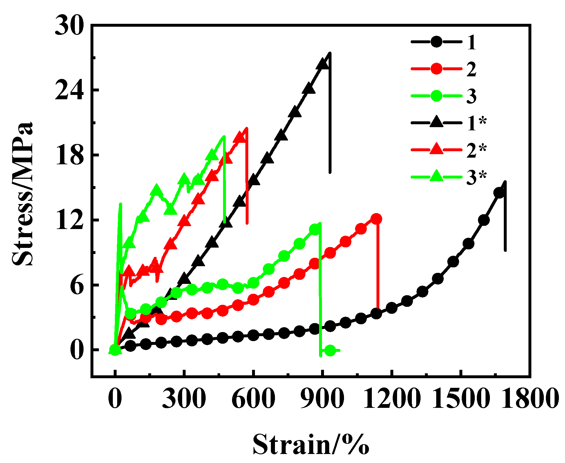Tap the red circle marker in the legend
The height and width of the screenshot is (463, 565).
(x=436, y=69)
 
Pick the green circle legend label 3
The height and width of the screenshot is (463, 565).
(x=471, y=96)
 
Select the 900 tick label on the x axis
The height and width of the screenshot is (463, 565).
(x=322, y=398)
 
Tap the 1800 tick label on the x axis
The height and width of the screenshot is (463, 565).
(x=530, y=398)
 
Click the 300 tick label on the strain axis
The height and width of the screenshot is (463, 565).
(x=184, y=398)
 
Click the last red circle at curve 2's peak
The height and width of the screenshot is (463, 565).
(x=376, y=219)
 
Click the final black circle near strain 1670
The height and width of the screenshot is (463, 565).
(x=499, y=193)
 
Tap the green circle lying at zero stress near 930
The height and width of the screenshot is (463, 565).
(x=330, y=350)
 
